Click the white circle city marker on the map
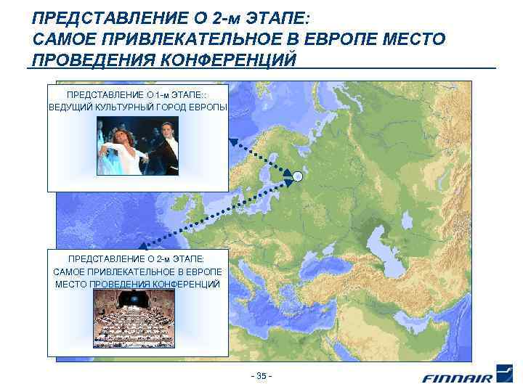click(x=297, y=176)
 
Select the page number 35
click(x=261, y=376)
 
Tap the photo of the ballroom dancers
click(x=137, y=146)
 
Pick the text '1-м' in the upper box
click(x=159, y=95)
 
